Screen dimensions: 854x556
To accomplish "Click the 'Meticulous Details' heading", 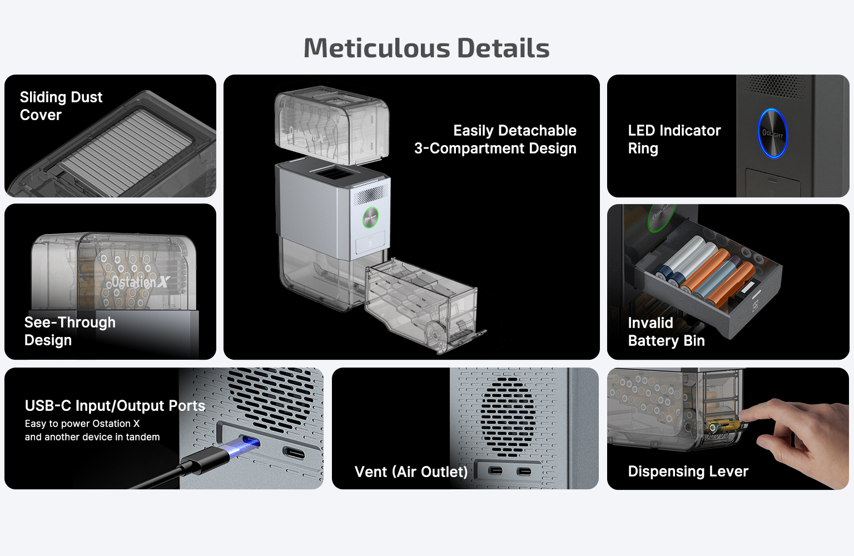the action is (426, 48).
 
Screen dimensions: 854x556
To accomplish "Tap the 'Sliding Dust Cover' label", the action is (61, 106).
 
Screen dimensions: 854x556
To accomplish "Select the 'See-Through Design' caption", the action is (69, 331).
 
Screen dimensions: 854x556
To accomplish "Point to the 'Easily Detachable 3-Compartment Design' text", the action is (495, 139).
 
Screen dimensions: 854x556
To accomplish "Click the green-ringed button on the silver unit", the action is (370, 218).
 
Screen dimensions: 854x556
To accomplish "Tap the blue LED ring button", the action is (772, 133).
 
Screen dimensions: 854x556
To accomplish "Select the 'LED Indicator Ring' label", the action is (674, 139).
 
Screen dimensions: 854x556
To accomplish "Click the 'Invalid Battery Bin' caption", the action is (666, 331).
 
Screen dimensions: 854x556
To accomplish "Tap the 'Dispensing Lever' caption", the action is (688, 471).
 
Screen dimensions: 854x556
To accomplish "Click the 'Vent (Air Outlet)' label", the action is (411, 471).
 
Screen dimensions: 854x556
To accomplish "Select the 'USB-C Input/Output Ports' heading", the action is (115, 406).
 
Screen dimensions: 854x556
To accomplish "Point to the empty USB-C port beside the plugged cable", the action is (294, 453).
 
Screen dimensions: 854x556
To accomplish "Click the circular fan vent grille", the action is (508, 416).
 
